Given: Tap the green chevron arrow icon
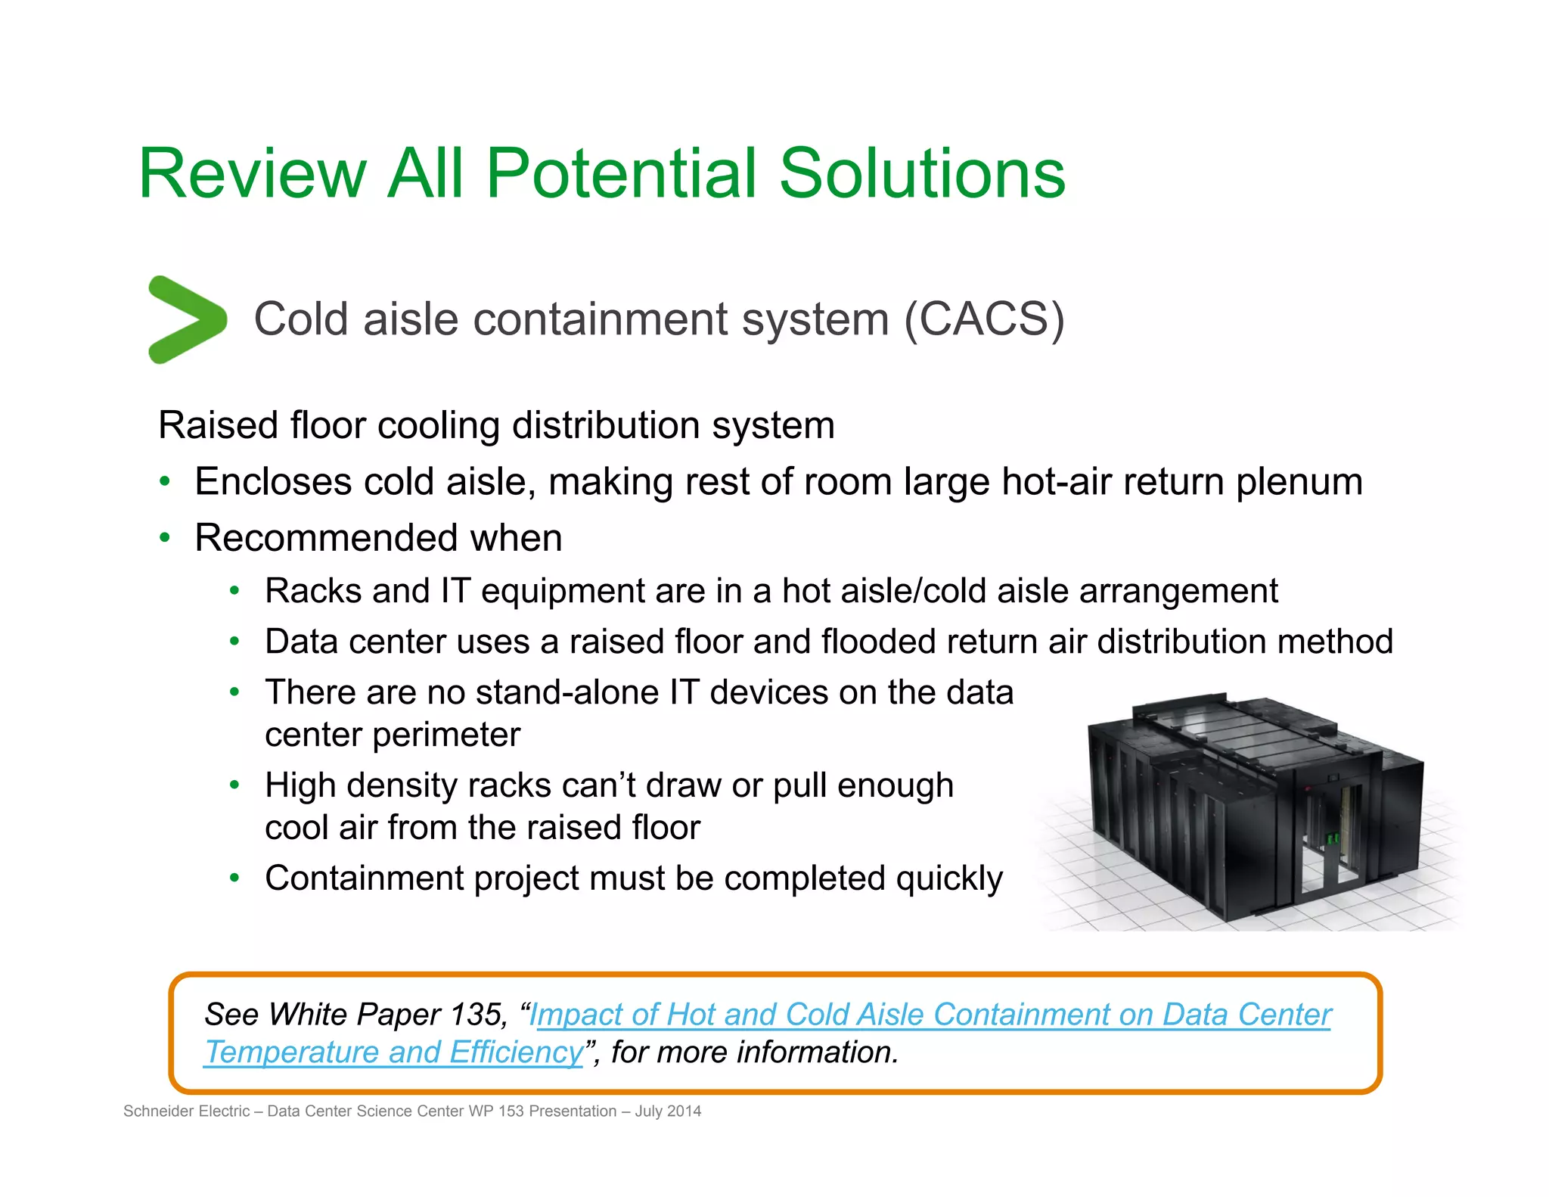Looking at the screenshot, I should coord(185,319).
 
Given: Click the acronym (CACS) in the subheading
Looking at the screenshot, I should coord(984,319).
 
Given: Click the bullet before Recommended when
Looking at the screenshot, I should coord(165,538).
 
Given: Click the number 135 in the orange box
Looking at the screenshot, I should coord(476,1015).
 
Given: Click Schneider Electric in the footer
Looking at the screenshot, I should coord(186,1111).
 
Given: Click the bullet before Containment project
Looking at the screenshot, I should coord(235,878).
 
